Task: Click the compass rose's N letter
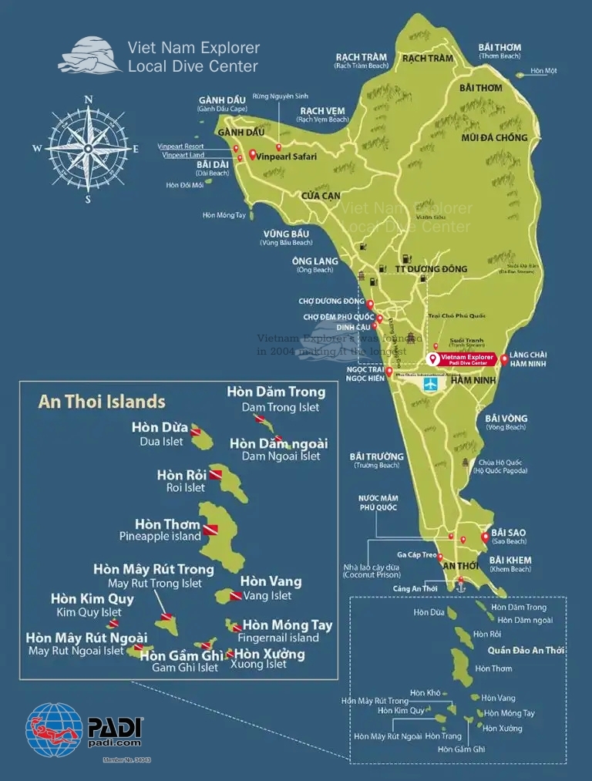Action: pos(89,99)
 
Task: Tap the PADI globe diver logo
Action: pos(54,729)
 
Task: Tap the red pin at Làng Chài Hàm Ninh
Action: pos(504,359)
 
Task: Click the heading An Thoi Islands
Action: pos(102,402)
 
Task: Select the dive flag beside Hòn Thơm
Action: pos(210,530)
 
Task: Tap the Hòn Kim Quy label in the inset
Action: pos(92,599)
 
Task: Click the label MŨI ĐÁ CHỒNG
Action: pos(493,138)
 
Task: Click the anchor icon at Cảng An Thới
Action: pos(462,587)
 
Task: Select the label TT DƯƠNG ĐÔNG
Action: pos(431,269)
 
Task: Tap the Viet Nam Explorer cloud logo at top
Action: pos(89,56)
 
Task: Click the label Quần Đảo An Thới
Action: pos(532,650)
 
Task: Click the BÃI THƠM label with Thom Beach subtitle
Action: pos(499,47)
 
